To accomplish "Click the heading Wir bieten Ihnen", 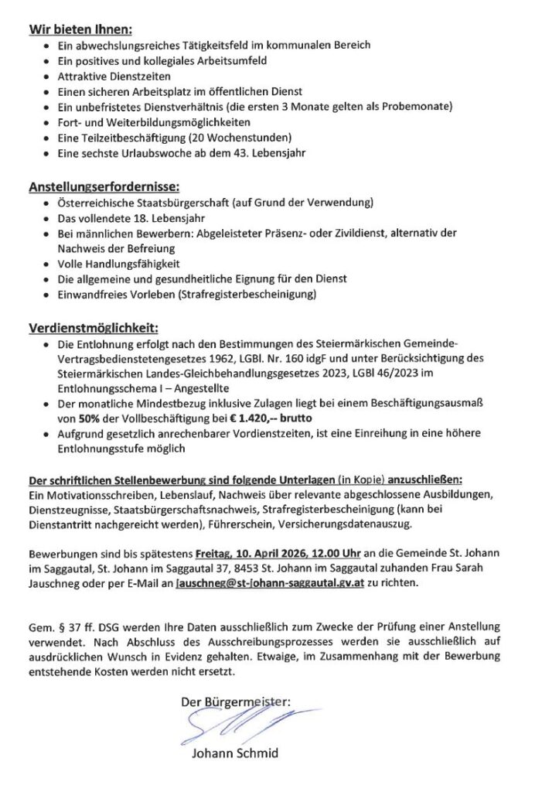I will tap(80, 30).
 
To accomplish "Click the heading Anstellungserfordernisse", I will tap(104, 187).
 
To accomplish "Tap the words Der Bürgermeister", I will tap(235, 702).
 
